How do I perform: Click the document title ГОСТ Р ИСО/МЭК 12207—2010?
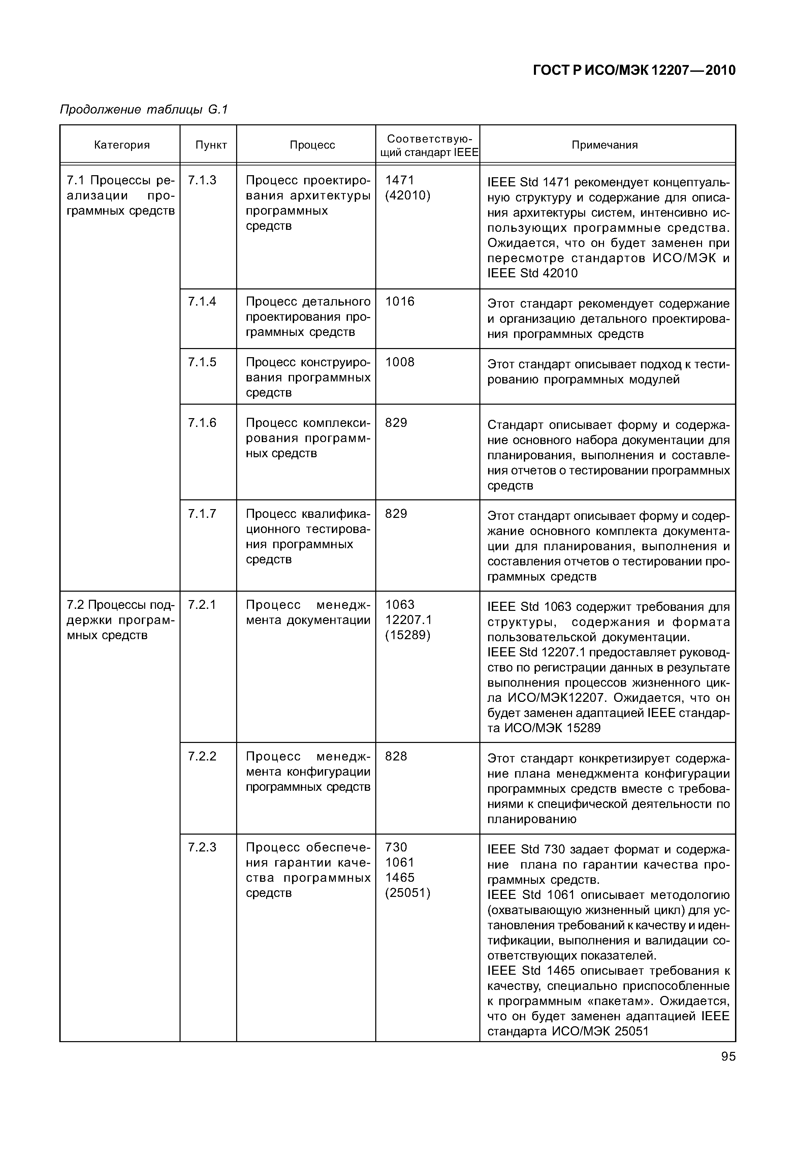click(x=634, y=70)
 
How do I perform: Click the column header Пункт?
click(x=211, y=145)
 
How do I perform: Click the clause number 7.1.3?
click(x=202, y=180)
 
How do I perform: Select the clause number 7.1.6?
click(x=202, y=423)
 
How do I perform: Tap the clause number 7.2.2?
click(x=202, y=756)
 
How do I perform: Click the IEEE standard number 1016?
click(x=400, y=302)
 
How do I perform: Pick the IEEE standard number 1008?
click(x=400, y=362)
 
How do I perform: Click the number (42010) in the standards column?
click(x=408, y=195)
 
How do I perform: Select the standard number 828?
click(x=396, y=756)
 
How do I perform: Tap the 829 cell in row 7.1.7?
click(x=396, y=514)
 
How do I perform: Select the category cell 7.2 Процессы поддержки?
click(x=121, y=620)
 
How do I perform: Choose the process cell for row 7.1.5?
click(x=308, y=377)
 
